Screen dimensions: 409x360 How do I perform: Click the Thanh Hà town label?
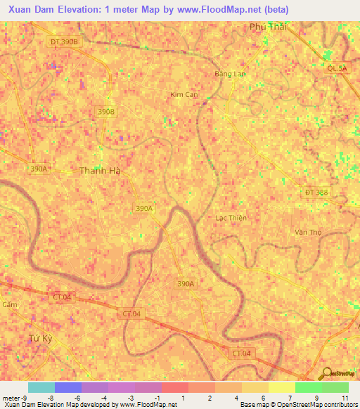pos(100,170)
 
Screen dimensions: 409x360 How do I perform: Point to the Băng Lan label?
pos(230,73)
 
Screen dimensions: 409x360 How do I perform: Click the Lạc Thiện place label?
pos(231,218)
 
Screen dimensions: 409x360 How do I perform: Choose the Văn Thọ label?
pos(308,232)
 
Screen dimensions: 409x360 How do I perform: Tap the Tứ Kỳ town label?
pos(41,338)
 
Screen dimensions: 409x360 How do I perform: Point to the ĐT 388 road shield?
pos(316,192)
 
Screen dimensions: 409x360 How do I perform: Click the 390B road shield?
pos(105,111)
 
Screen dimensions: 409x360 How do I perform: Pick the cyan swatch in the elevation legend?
pos(41,387)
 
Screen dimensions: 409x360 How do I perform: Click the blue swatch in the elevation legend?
pos(68,387)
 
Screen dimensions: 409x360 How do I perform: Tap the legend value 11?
pos(345,398)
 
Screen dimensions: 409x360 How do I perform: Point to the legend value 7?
pos(290,398)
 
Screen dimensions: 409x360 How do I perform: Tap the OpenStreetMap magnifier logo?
pos(327,373)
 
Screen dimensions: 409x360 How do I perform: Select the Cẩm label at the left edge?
pos(8,304)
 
